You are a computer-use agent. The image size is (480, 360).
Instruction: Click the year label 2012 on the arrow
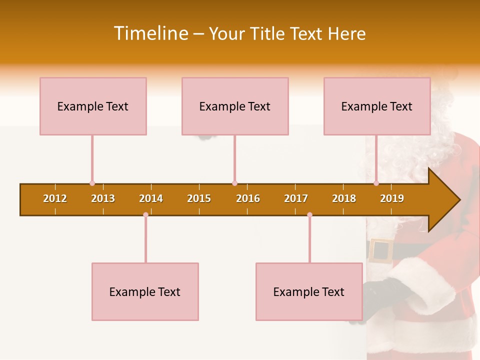(x=55, y=198)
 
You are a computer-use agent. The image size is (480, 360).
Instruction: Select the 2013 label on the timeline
(x=103, y=198)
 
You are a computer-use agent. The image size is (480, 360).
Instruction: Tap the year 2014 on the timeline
(x=151, y=198)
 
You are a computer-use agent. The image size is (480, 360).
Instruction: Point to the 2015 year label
(x=199, y=198)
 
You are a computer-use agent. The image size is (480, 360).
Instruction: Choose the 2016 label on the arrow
(x=248, y=198)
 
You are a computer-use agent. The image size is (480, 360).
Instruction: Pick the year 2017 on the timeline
(x=296, y=198)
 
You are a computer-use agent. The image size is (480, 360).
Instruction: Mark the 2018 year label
(x=344, y=198)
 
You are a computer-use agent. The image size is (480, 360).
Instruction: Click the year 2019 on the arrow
(x=392, y=198)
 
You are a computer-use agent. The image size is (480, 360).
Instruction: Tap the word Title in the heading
(x=268, y=33)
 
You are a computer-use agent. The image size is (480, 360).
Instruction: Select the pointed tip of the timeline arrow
(x=458, y=200)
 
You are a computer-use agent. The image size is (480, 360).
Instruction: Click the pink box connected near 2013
(x=93, y=106)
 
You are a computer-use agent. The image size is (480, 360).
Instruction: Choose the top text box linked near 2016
(x=235, y=106)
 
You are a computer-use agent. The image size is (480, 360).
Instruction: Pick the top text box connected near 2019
(x=377, y=106)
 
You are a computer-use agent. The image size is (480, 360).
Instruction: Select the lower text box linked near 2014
(x=145, y=291)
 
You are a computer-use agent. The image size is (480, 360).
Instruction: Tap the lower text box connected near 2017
(x=309, y=291)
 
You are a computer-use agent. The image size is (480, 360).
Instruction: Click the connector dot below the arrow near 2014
(x=145, y=215)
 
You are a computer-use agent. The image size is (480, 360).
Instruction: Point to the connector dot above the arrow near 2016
(x=234, y=183)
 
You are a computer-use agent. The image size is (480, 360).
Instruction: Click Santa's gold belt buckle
(x=381, y=250)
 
